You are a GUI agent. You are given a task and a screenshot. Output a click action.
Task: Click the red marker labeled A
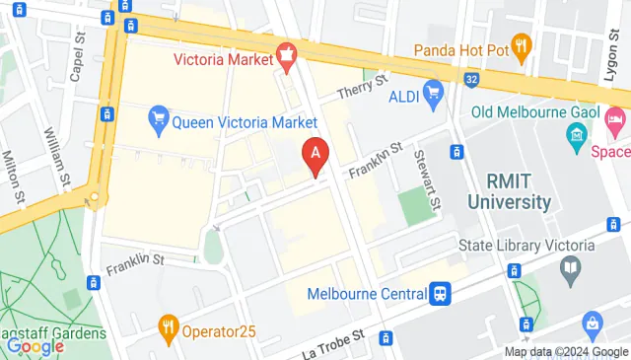315,155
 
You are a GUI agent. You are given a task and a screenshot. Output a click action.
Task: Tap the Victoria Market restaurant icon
287,57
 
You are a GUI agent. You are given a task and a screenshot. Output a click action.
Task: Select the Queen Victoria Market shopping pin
157,121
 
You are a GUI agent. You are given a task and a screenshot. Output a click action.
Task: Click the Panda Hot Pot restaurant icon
522,44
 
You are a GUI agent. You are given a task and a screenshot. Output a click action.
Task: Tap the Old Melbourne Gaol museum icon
578,133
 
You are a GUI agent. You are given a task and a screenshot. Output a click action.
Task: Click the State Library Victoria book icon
570,267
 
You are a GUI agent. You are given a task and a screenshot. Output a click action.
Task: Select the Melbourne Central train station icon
441,293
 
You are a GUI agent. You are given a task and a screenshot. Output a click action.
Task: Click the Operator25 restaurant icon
170,325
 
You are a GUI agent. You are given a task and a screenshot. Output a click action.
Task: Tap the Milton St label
12,174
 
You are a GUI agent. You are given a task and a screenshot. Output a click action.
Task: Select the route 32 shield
472,76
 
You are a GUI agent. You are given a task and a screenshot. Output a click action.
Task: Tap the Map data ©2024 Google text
565,352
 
